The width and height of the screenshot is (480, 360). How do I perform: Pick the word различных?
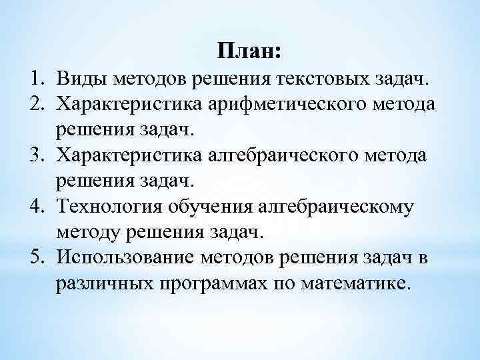click(99, 283)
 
